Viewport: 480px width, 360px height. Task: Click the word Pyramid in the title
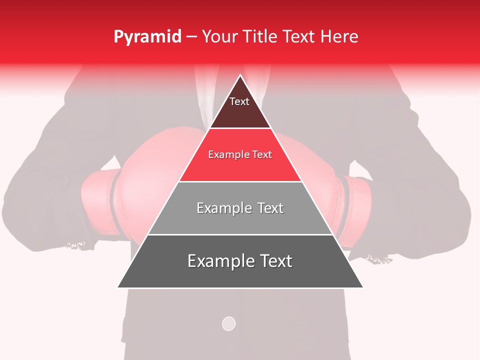click(147, 37)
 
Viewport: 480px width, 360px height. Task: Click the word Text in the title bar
click(299, 37)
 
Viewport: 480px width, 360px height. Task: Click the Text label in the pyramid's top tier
click(239, 101)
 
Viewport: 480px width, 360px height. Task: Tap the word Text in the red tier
click(262, 154)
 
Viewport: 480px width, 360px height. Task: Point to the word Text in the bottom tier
click(275, 261)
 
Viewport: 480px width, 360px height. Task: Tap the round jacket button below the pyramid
click(228, 323)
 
